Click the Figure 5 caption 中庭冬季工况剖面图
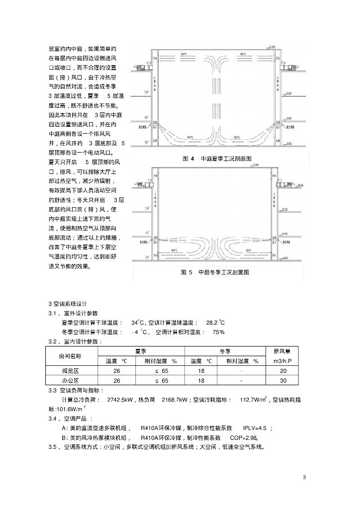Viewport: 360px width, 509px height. pyautogui.click(x=215, y=272)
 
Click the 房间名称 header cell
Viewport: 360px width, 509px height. pyautogui.click(x=70, y=356)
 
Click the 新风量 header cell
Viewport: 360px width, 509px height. pyautogui.click(x=282, y=351)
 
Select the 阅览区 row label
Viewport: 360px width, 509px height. pyautogui.click(x=70, y=371)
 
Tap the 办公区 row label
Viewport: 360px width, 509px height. pyautogui.click(x=70, y=381)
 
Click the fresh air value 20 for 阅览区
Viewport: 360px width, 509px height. pyautogui.click(x=283, y=371)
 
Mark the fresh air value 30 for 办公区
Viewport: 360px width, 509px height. pyautogui.click(x=283, y=381)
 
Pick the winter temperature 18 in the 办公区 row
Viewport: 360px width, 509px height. pyautogui.click(x=201, y=381)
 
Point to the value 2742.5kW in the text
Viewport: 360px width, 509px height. pyautogui.click(x=121, y=400)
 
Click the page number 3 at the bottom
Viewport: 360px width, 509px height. pyautogui.click(x=304, y=478)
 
